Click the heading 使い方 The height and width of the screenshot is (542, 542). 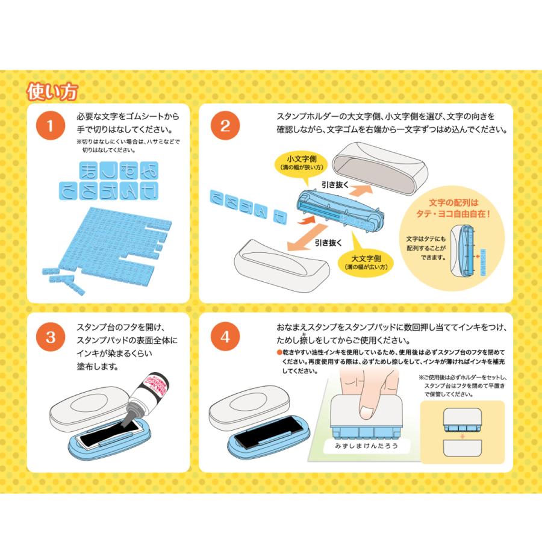pyautogui.click(x=52, y=92)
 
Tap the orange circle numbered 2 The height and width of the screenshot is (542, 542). pyautogui.click(x=225, y=126)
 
